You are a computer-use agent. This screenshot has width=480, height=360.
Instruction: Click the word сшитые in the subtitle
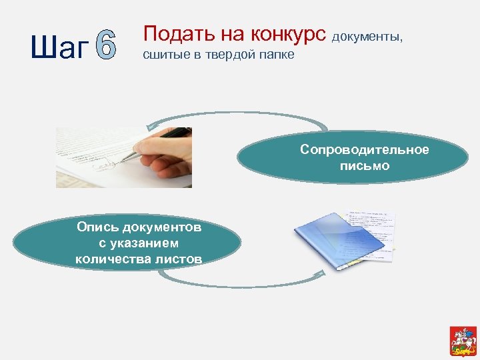pos(163,55)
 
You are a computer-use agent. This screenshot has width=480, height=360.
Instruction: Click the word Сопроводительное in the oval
pos(364,149)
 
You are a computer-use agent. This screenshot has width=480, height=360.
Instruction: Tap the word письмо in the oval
pos(364,165)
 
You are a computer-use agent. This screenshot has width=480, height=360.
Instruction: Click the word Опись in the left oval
pos(93,227)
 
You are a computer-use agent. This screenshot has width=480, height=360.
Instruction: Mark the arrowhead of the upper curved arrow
pos(151,125)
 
